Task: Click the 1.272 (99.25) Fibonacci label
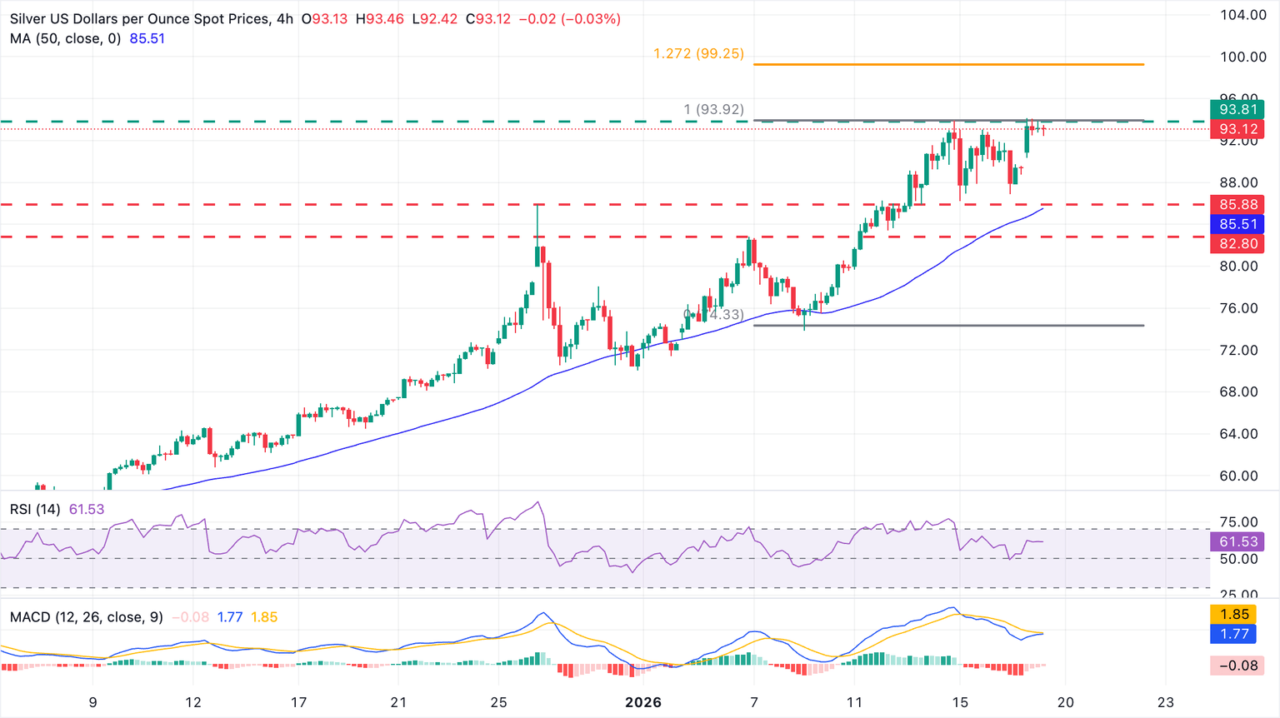pos(698,53)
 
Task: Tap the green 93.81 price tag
pos(1238,109)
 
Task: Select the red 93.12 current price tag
pos(1238,129)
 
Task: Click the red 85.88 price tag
pos(1238,204)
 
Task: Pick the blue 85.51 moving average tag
pos(1238,224)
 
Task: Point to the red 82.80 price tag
pos(1238,244)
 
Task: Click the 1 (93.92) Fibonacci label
pos(713,109)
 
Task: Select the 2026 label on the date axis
pos(643,702)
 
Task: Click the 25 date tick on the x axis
pos(498,702)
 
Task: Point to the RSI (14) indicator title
pos(35,509)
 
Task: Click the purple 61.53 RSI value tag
pos(1238,541)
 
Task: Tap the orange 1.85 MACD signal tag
pos(1234,614)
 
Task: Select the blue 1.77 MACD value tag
pos(1234,634)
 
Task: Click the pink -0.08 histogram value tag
pos(1238,666)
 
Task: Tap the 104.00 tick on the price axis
pos(1242,15)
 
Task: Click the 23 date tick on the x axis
pos(1166,702)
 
